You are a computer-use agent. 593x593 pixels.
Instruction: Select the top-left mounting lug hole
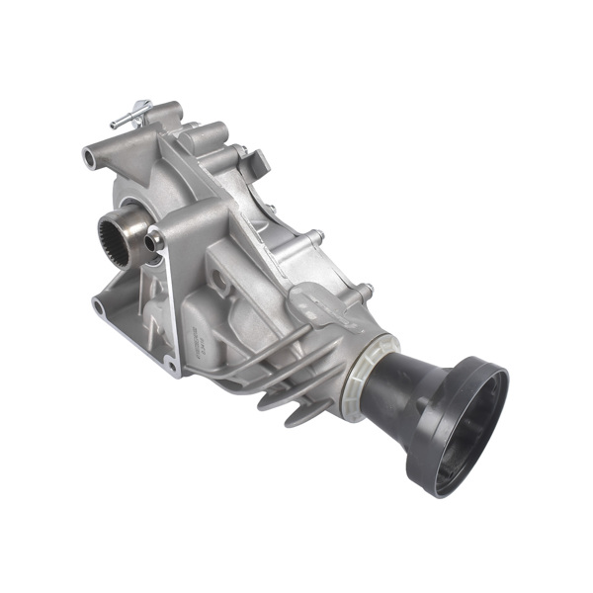[x=91, y=156]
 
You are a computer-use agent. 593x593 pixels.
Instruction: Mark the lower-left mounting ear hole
[x=99, y=305]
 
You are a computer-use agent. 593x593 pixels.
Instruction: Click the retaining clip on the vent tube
[x=144, y=105]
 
